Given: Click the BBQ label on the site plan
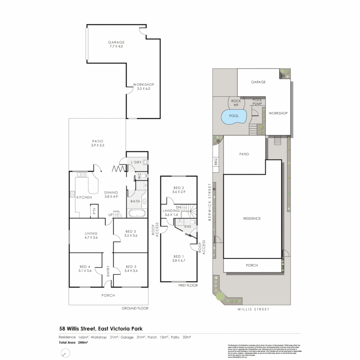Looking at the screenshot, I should tap(216, 162).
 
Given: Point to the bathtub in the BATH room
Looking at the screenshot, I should tap(137, 213).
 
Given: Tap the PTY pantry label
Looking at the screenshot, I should tap(94, 211).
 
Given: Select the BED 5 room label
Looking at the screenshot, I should tap(131, 233).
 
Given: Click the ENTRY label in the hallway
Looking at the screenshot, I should tap(108, 271).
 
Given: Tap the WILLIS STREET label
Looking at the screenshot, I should tap(253, 309).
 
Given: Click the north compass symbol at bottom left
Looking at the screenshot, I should tap(66, 353).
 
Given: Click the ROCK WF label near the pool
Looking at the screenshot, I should tap(236, 103).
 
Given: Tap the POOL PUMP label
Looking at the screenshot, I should tap(257, 102).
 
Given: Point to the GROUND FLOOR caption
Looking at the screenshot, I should tap(135, 308).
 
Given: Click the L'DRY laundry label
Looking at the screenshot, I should tap(136, 162).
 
